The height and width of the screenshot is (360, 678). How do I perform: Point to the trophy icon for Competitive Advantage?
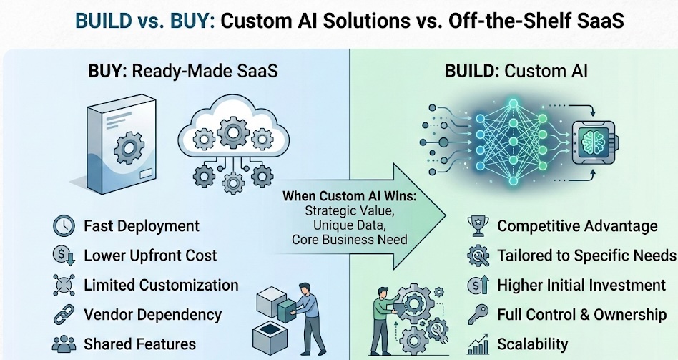[x=477, y=226]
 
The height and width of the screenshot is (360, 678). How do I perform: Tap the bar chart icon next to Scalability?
[x=477, y=344]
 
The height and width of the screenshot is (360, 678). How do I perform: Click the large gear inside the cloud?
[x=233, y=132]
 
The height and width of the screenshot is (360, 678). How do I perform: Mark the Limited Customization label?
[x=161, y=285]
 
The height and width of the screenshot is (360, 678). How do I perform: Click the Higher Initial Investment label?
[x=581, y=285]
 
